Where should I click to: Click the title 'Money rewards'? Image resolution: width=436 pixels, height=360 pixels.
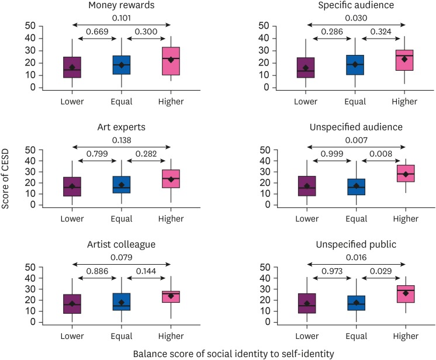click(121, 6)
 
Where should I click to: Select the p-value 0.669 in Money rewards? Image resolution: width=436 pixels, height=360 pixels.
click(97, 32)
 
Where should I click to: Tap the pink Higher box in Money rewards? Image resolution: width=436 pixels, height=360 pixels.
click(171, 61)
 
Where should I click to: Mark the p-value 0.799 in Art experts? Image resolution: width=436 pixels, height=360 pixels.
click(97, 155)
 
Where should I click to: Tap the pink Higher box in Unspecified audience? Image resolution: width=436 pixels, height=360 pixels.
click(404, 174)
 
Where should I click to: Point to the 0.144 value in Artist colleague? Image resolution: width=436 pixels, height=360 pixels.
click(146, 272)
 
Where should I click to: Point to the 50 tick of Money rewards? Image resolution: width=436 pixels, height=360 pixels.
click(32, 26)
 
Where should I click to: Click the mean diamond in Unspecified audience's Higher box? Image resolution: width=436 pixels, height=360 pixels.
click(404, 174)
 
